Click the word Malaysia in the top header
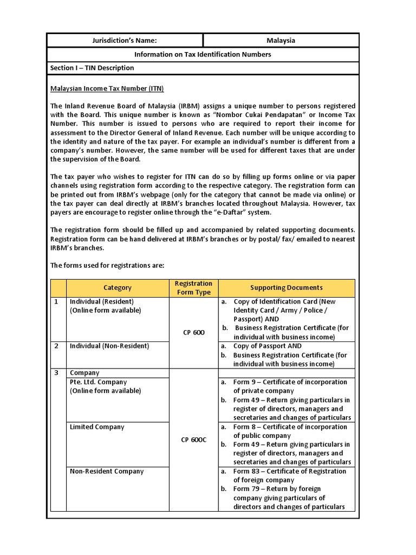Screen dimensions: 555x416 pyautogui.click(x=281, y=41)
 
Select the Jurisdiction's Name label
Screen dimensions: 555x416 pyautogui.click(x=125, y=41)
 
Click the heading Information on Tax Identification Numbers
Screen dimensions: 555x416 pyautogui.click(x=203, y=55)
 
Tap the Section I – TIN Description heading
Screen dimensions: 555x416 pyautogui.click(x=92, y=68)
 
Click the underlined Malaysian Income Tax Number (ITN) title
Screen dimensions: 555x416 pyautogui.click(x=107, y=88)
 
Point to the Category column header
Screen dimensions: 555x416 pyautogui.click(x=118, y=288)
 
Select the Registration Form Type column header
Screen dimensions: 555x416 pyautogui.click(x=193, y=288)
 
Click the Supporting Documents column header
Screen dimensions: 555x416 pyautogui.click(x=286, y=288)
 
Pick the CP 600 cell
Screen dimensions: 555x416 pyautogui.click(x=193, y=332)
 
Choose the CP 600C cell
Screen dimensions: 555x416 pyautogui.click(x=193, y=440)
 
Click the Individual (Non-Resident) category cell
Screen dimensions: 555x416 pyautogui.click(x=109, y=346)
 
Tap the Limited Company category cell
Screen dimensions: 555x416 pyautogui.click(x=97, y=427)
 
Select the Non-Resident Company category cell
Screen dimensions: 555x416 pyautogui.click(x=107, y=472)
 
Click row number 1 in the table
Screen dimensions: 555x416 pyautogui.click(x=56, y=301)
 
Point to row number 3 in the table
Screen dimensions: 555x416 pyautogui.click(x=56, y=373)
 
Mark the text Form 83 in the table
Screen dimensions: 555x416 pyautogui.click(x=246, y=472)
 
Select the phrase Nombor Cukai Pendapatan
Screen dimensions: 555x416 pyautogui.click(x=259, y=115)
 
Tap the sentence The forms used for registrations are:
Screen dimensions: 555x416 pyautogui.click(x=107, y=266)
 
